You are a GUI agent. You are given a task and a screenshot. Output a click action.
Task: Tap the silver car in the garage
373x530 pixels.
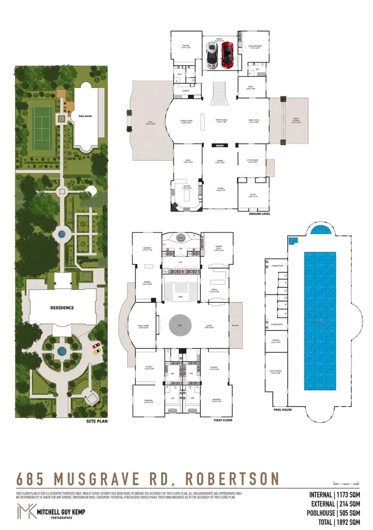(x=211, y=55)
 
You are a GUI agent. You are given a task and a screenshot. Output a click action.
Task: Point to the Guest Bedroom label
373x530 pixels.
(x=255, y=46)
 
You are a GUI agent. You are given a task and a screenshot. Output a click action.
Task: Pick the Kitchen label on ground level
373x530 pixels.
(x=186, y=188)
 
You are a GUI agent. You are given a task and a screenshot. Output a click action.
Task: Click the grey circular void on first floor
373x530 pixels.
(x=179, y=326)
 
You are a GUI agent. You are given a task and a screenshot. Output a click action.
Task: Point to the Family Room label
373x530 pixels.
(x=144, y=326)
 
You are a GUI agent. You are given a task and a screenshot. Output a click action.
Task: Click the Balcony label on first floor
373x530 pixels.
(x=235, y=325)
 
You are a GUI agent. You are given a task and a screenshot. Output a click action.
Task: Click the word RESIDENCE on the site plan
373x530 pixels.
(x=62, y=308)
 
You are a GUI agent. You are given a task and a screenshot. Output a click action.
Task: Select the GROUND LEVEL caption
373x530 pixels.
(x=259, y=213)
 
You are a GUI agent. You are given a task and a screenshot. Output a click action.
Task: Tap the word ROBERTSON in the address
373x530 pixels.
(x=232, y=479)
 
